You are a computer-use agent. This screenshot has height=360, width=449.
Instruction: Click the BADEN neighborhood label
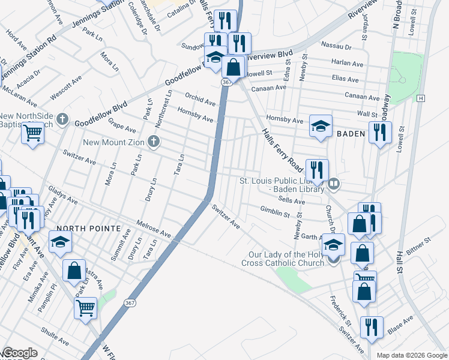tap(350, 133)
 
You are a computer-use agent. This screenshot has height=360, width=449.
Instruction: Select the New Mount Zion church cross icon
tap(154, 142)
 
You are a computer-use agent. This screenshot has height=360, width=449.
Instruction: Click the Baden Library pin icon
tap(334, 184)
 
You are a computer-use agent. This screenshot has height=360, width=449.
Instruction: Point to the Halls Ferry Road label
tap(281, 147)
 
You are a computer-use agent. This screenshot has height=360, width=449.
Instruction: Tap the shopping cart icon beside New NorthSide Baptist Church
tap(32, 133)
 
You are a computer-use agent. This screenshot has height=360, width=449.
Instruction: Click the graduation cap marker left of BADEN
tap(321, 126)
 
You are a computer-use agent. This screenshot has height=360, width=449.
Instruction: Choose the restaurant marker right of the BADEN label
tap(379, 132)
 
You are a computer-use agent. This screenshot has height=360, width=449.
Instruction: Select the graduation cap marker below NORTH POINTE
tap(60, 242)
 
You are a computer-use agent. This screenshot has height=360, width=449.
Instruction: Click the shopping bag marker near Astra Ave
tap(74, 269)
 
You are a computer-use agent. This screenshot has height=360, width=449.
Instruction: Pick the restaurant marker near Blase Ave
tap(372, 328)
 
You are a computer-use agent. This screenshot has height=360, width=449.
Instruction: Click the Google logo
tap(19, 353)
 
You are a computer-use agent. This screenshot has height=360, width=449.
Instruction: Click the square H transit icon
tap(421, 98)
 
